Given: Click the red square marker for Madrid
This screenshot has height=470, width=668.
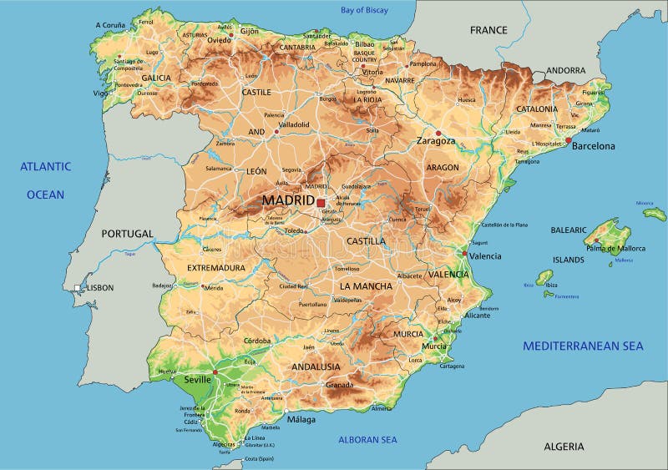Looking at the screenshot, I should pyautogui.click(x=321, y=202).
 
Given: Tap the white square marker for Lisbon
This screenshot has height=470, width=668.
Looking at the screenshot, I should pyautogui.click(x=78, y=288).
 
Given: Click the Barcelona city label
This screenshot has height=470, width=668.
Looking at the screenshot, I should pyautogui.click(x=593, y=146).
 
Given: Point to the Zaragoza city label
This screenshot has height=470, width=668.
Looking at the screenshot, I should pyautogui.click(x=437, y=141).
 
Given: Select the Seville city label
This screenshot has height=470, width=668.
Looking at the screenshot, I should pyautogui.click(x=197, y=379).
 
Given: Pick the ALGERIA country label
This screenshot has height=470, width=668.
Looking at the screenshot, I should pyautogui.click(x=564, y=447).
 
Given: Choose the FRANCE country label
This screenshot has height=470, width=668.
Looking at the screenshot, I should pyautogui.click(x=488, y=30).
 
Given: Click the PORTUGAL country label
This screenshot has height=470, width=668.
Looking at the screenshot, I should pyautogui.click(x=128, y=234).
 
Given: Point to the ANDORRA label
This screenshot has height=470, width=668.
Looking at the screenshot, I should pyautogui.click(x=565, y=71).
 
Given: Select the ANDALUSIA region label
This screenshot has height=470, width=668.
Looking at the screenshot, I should pyautogui.click(x=316, y=366).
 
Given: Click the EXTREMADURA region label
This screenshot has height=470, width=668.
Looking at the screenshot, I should pyautogui.click(x=216, y=268).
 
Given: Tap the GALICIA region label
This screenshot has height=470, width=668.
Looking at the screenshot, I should pyautogui.click(x=155, y=78).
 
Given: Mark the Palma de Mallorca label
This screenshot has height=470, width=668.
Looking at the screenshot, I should pyautogui.click(x=615, y=248).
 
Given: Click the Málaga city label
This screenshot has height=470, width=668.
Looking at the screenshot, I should pyautogui.click(x=301, y=420).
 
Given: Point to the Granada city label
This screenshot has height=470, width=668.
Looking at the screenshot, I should pyautogui.click(x=340, y=385).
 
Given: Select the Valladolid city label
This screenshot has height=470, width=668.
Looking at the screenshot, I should pyautogui.click(x=294, y=125).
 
